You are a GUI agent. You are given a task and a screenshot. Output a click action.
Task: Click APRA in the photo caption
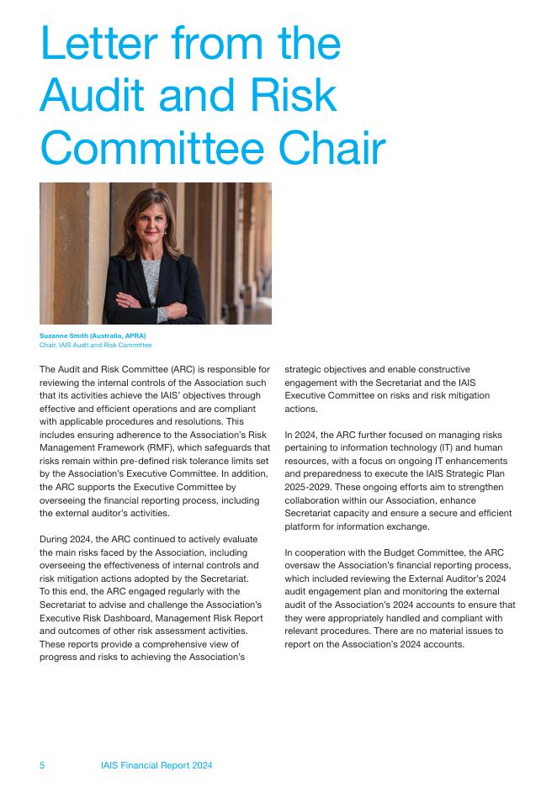click(x=134, y=336)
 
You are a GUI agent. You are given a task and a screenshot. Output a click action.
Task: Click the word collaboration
click(x=320, y=501)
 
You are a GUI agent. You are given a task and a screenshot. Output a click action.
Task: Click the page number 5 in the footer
click(x=43, y=765)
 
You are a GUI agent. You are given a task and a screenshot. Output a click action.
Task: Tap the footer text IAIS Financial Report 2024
click(x=156, y=765)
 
